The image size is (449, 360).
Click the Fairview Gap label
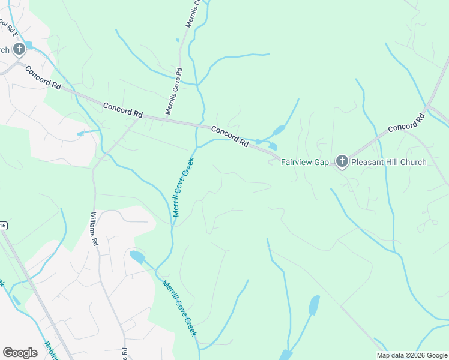tap(305, 162)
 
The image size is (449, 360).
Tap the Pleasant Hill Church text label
tap(388, 162)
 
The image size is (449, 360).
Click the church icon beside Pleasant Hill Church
tap(342, 161)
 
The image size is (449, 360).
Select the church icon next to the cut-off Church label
tap(19, 49)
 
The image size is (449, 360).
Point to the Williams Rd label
tap(94, 229)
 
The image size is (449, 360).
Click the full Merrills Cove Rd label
tap(175, 91)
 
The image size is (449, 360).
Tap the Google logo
tap(20, 353)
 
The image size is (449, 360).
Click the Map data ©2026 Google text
tap(412, 355)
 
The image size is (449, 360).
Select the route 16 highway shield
tap(2, 226)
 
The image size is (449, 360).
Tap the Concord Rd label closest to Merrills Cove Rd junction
tap(123, 110)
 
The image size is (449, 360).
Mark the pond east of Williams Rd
tap(137, 258)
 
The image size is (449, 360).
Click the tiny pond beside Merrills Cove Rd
tap(178, 41)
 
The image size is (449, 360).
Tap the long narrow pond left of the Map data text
tap(314, 305)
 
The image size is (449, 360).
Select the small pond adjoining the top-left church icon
tap(29, 46)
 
